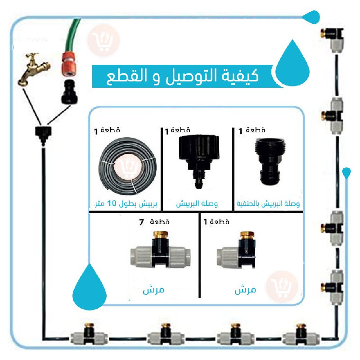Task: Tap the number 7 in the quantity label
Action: coord(141,222)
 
